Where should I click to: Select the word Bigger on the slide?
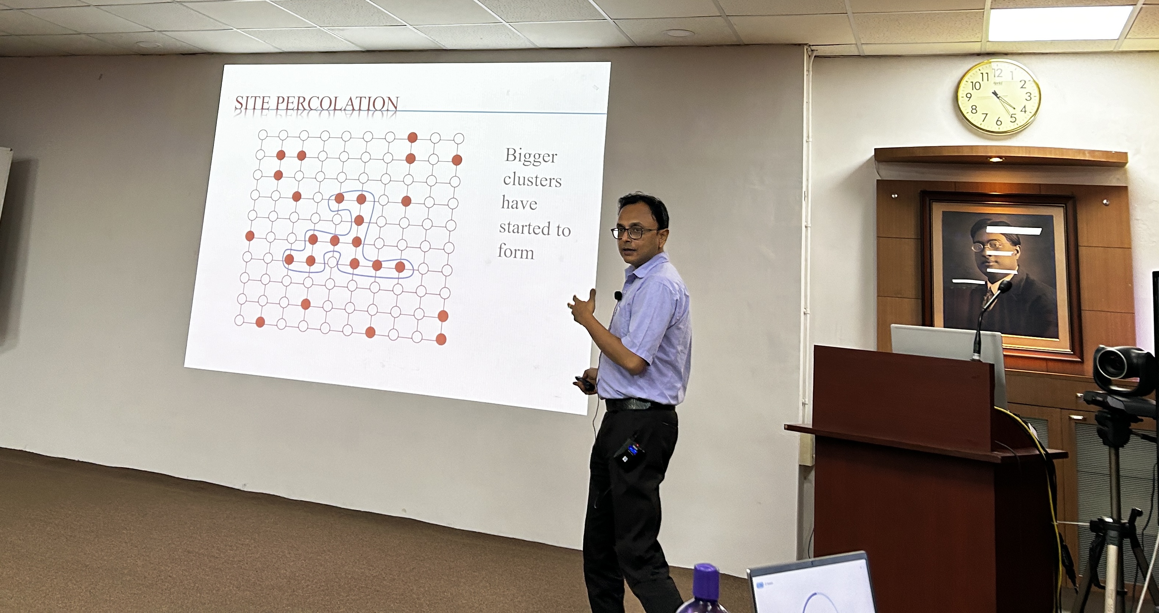pos(531,156)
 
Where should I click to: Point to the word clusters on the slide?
pos(532,180)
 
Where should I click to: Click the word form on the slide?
pos(516,251)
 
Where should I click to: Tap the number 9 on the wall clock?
pos(969,96)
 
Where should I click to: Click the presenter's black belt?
pos(639,404)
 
